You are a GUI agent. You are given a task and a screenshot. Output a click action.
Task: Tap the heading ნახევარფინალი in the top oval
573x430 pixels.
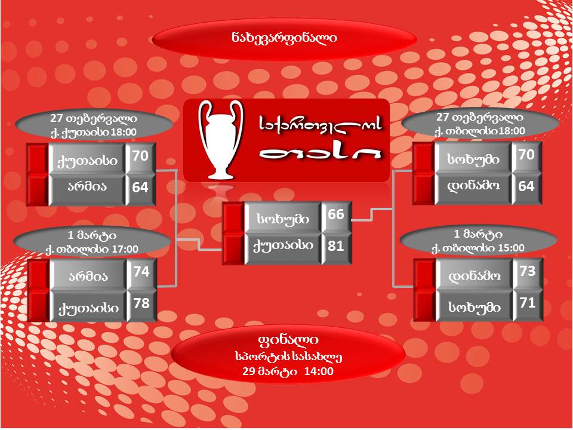point(284,38)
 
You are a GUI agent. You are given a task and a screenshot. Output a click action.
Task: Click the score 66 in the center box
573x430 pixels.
point(336,214)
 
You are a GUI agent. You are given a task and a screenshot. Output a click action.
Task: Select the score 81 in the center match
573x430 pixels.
point(336,245)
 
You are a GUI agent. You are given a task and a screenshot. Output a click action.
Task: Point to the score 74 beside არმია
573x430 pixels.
point(141,272)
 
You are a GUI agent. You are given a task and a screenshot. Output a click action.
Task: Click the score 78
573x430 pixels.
point(141,303)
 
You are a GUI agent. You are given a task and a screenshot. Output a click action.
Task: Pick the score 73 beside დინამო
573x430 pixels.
point(527,271)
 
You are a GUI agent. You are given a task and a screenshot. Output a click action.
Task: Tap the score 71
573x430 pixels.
point(527,303)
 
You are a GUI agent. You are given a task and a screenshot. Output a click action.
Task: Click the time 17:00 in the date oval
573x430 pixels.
point(125,250)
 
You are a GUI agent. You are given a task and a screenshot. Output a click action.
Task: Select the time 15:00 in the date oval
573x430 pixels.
point(511,248)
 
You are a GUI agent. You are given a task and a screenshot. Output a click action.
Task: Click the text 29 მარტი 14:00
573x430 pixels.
point(288,371)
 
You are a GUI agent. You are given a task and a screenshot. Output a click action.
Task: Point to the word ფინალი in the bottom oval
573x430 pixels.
point(288,340)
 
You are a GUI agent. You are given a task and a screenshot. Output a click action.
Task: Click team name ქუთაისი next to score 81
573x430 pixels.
point(283,246)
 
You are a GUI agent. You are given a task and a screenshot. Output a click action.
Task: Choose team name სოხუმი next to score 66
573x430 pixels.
point(283,219)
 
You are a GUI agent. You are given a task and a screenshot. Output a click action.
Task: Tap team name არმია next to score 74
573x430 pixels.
point(88,277)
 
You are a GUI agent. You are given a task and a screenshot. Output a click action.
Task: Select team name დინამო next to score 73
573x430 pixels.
point(474,276)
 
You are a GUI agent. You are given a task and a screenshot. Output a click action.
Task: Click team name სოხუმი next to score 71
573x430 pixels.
point(475,307)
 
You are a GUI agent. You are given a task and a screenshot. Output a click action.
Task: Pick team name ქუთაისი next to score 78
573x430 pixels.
point(89,308)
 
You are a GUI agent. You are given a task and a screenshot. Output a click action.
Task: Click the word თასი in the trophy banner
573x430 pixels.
point(320,153)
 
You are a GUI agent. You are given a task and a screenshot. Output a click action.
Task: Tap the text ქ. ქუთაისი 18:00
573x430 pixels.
point(94,133)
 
